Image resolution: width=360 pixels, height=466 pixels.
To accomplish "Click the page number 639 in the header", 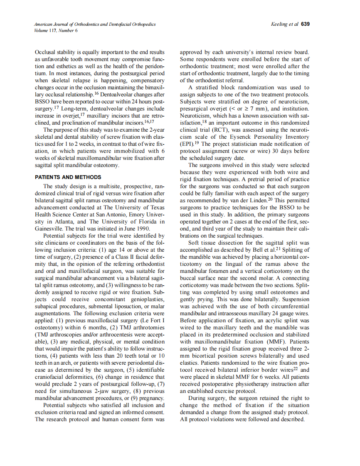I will (x=305, y=24).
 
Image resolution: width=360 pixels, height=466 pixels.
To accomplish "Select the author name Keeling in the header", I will (x=279, y=24).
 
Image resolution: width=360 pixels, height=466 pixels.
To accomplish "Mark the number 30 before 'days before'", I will (x=269, y=151).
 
